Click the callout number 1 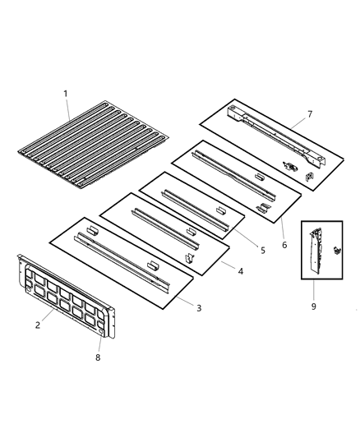click(x=66, y=94)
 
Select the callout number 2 click(x=38, y=326)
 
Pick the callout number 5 click(x=261, y=250)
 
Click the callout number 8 click(x=99, y=357)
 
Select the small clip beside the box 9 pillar click(x=335, y=251)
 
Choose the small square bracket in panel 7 click(x=310, y=174)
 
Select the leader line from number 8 click(x=100, y=341)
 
